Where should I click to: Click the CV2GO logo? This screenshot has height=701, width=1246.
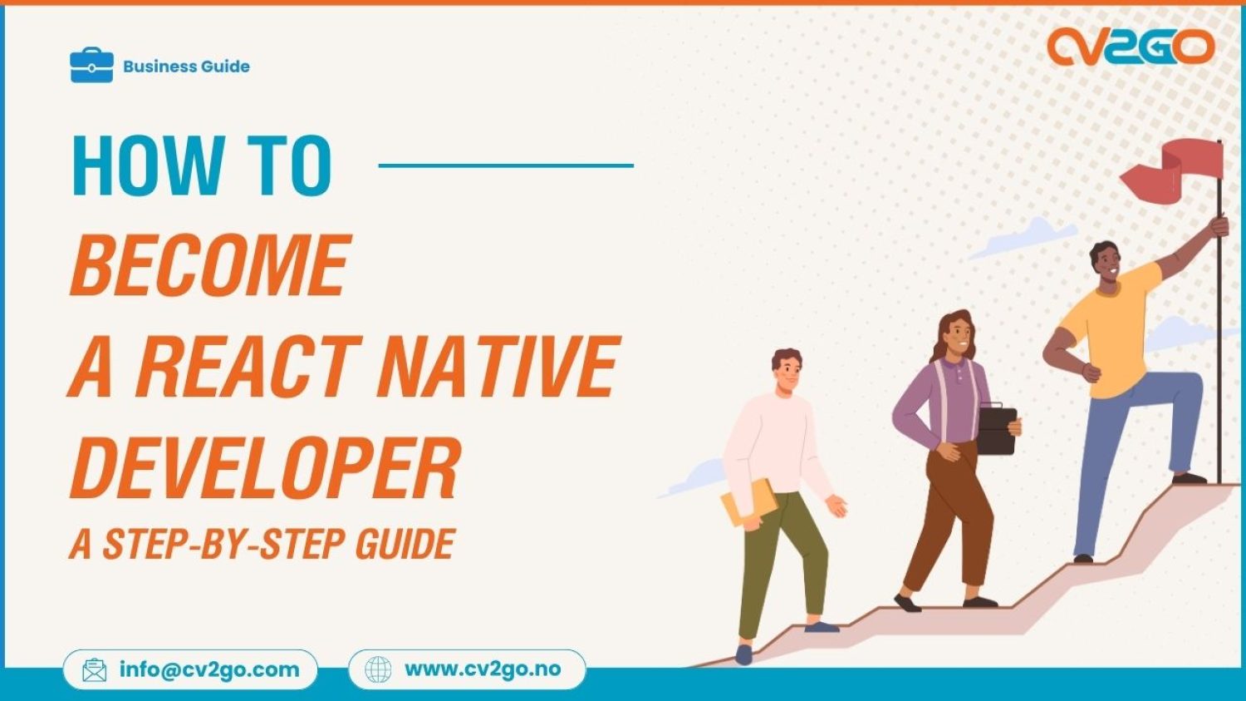tap(1130, 47)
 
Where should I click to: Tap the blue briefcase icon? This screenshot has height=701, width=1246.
tap(91, 66)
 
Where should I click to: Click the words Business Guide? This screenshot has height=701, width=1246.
tap(186, 67)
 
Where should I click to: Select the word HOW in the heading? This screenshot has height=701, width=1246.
tap(148, 166)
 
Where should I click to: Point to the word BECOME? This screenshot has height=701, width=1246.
tap(210, 265)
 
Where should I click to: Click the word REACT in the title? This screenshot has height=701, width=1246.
tap(248, 366)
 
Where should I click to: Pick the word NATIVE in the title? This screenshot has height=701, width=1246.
tap(498, 366)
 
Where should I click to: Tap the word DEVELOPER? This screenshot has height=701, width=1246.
tap(265, 467)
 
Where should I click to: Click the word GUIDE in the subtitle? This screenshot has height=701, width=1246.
tap(405, 545)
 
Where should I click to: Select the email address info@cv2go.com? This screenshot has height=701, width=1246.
tap(208, 669)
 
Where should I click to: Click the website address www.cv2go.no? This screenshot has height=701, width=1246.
tap(483, 669)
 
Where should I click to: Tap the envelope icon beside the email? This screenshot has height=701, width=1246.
tap(95, 670)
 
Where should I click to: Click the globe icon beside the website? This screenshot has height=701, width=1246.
tap(378, 669)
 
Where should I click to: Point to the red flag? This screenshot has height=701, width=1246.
tap(1173, 170)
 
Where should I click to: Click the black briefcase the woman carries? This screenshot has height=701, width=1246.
tap(996, 430)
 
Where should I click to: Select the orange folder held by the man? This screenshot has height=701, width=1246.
tap(748, 502)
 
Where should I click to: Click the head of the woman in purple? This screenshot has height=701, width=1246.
tap(957, 333)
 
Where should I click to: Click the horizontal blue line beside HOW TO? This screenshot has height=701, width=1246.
tap(506, 165)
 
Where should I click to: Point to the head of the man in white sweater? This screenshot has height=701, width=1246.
tap(787, 370)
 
